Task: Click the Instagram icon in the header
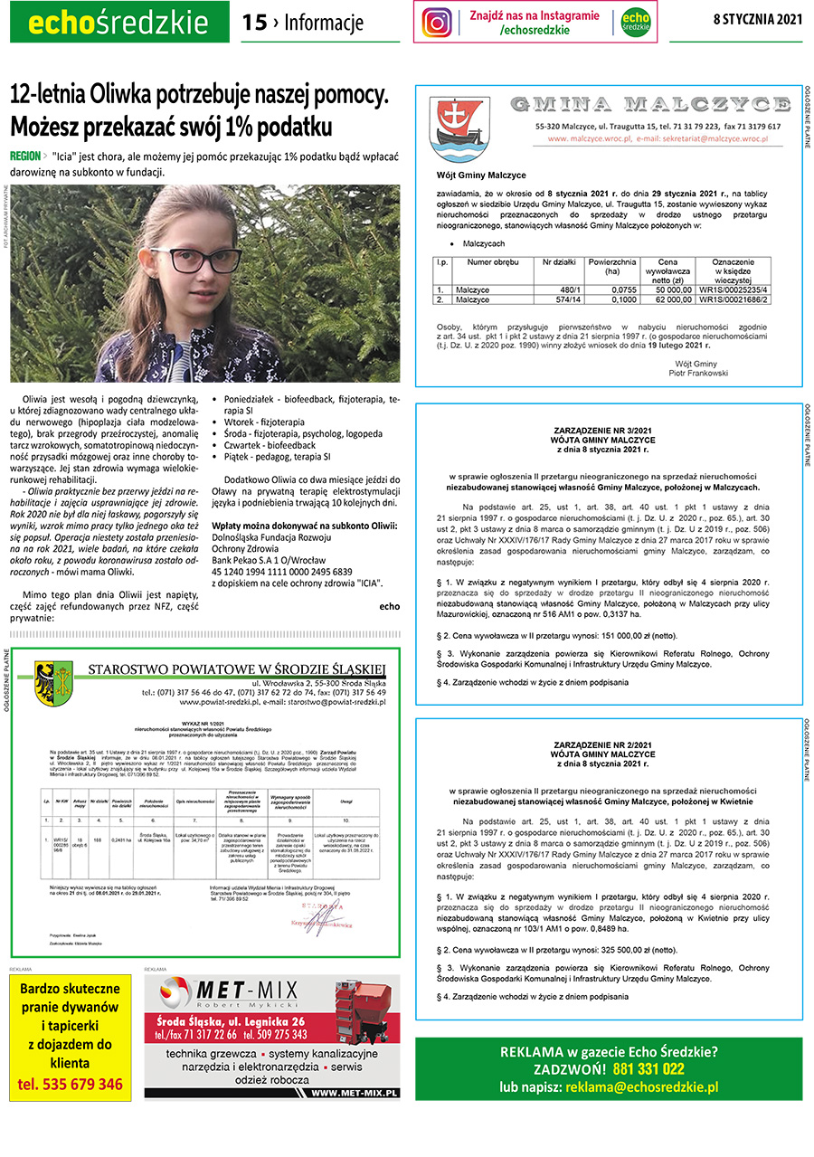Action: coord(437,22)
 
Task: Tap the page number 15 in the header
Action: coord(254,23)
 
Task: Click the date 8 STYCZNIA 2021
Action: coord(757,19)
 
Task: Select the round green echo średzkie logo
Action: coord(636,22)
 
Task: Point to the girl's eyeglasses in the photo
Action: coord(195,260)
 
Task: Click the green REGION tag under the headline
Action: coord(24,156)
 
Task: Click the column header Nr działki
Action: coord(559,262)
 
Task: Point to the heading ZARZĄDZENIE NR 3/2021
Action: coord(608,431)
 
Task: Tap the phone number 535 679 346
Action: coord(71,1084)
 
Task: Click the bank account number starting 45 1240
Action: coord(281,572)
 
